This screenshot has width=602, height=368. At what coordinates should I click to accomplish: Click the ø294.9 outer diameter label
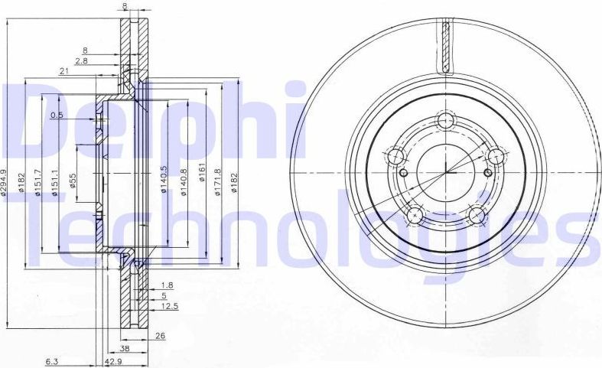5,183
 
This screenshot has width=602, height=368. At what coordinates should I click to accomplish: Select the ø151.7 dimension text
37,183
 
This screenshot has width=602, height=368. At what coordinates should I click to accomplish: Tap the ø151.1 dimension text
54,183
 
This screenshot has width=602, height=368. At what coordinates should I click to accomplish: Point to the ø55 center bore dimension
73,183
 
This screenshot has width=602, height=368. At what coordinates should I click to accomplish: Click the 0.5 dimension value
57,116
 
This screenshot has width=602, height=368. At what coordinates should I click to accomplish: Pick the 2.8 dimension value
81,60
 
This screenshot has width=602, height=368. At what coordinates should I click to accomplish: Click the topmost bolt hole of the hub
445,121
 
